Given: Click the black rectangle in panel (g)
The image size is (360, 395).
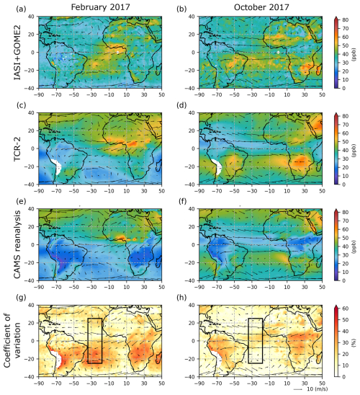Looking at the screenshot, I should point(94,341).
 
